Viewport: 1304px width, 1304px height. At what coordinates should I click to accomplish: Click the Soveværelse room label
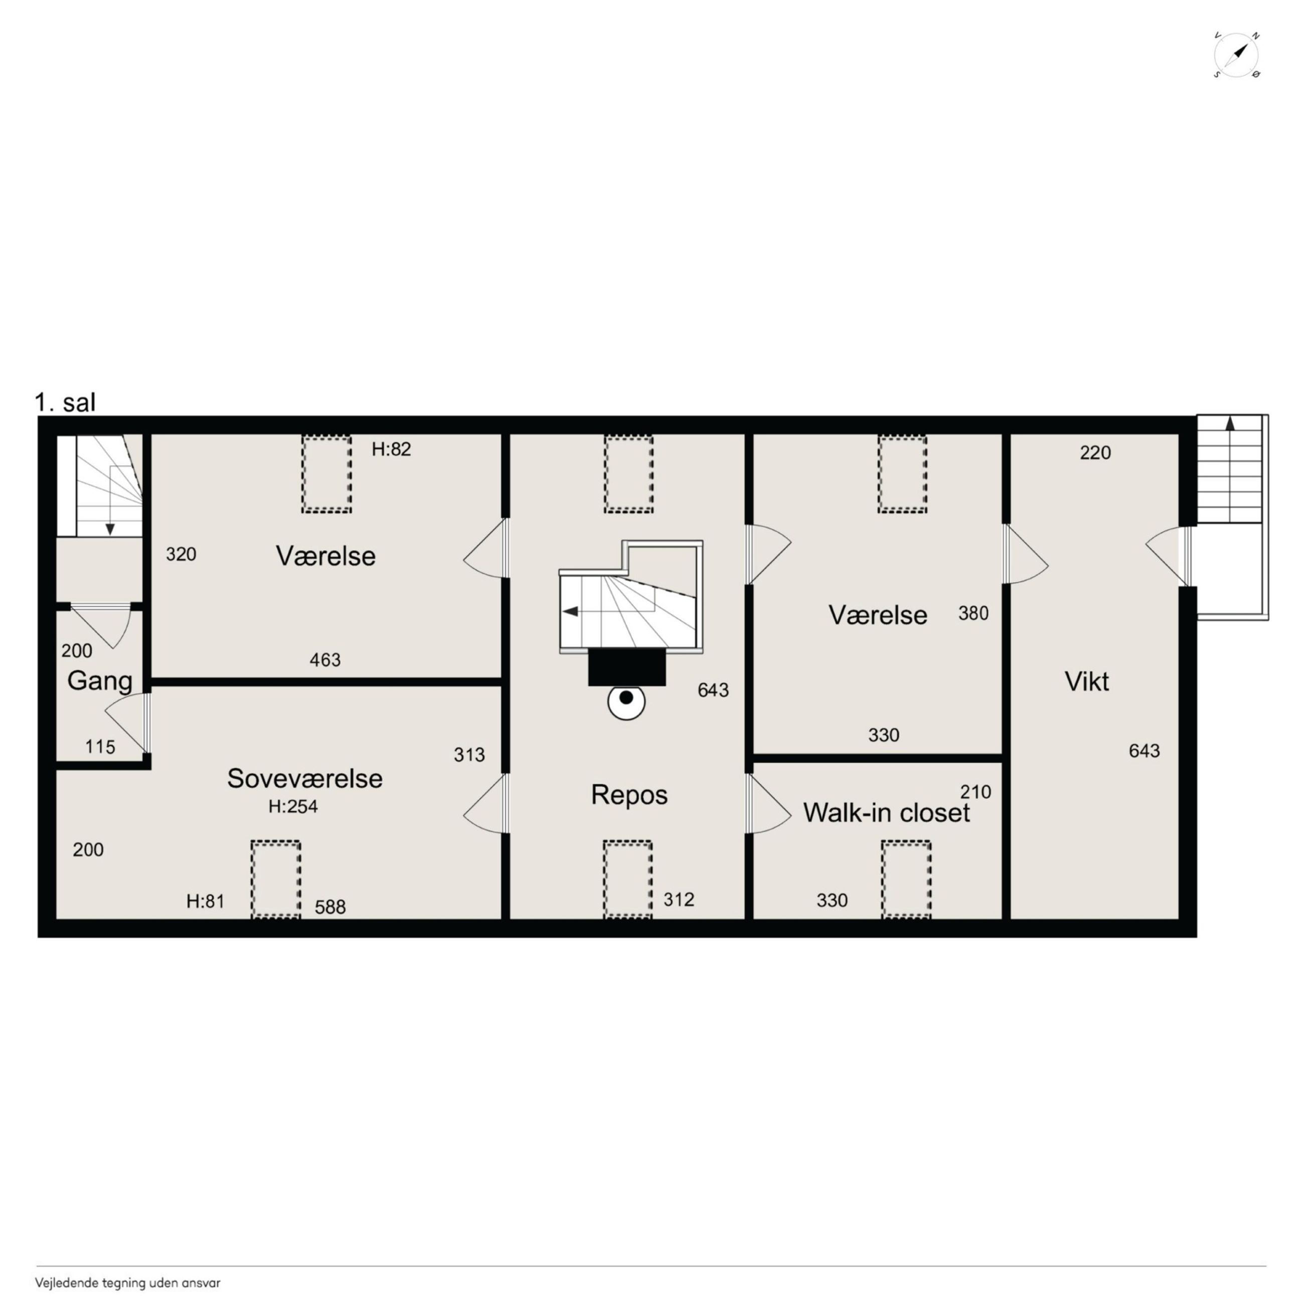[304, 778]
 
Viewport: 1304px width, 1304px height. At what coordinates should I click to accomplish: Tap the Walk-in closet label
[886, 812]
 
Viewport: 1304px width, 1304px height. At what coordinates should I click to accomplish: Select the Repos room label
[629, 795]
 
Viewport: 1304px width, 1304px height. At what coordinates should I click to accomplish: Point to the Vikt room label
[1087, 682]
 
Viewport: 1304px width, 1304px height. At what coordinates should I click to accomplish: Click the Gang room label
[100, 681]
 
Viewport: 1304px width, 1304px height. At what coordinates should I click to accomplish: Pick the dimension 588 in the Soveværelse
[330, 907]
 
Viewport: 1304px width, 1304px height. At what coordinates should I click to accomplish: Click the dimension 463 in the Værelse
[325, 660]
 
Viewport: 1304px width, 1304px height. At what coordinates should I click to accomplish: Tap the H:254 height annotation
[293, 806]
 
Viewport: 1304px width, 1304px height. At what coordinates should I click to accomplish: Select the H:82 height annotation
[392, 449]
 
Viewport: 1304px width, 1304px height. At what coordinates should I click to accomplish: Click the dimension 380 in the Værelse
[973, 613]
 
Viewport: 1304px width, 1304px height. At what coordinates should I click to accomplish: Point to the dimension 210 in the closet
[975, 792]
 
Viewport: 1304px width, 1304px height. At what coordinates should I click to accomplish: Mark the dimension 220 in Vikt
[1095, 453]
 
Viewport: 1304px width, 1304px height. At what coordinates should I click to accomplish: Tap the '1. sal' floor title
[66, 402]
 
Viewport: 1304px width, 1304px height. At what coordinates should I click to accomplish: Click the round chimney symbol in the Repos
[626, 702]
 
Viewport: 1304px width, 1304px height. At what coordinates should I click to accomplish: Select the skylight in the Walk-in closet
[906, 880]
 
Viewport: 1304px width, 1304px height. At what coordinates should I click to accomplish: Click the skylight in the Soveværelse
[275, 880]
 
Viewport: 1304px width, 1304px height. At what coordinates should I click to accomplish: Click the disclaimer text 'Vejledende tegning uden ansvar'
[127, 1283]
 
